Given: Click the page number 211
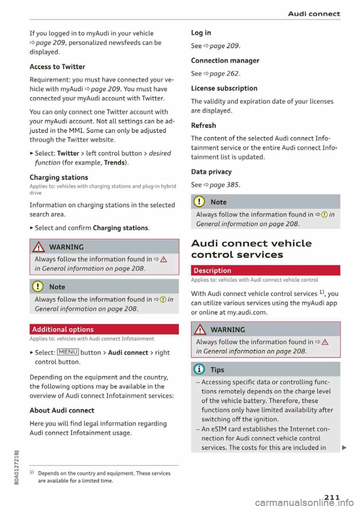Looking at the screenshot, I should point(332,497).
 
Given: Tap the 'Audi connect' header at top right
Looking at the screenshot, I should point(314,14).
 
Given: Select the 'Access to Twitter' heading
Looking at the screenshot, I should point(57,67).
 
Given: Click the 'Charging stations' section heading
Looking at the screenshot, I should point(59,177).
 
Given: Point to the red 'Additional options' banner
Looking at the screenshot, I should point(104,329).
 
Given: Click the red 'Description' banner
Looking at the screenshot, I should point(265,271).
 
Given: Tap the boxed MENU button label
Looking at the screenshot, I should point(68,352).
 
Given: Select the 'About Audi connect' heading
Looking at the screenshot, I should point(62,410).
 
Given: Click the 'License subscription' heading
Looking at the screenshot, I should point(224,88).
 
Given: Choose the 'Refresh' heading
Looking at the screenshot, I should point(203,126).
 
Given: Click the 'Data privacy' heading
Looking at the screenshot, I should point(211,172).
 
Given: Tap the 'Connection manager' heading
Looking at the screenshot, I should point(225,61).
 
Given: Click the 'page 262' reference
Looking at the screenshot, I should point(224,74).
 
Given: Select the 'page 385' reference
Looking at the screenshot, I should point(224,185).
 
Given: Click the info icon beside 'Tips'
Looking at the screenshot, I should point(199,370).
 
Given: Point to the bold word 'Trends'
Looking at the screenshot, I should point(114,163).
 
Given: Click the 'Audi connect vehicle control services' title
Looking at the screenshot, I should point(251,249).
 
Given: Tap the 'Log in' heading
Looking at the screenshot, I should point(201,33).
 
